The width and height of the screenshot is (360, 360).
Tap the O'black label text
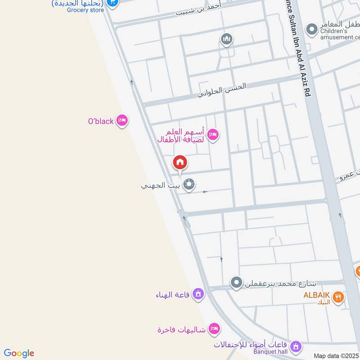[x=101, y=121]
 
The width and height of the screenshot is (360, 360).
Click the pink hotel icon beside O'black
[x=121, y=121]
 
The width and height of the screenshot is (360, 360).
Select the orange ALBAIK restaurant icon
[x=338, y=296]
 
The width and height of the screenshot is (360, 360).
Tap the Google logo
[x=19, y=353]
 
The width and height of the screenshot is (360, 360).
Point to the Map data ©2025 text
[x=336, y=355]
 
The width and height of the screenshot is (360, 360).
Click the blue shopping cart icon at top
[x=112, y=3]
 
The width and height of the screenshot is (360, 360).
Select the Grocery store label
[x=85, y=10]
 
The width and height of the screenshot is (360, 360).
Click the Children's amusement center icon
[x=311, y=30]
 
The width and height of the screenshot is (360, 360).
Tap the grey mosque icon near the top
[x=227, y=40]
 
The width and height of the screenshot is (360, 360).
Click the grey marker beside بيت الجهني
[x=189, y=184]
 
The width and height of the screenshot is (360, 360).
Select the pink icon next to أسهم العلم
[x=212, y=134]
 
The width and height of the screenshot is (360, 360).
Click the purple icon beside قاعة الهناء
[x=197, y=295]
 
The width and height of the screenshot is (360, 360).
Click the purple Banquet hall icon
[x=295, y=346]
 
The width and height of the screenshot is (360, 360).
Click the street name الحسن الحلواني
[x=222, y=90]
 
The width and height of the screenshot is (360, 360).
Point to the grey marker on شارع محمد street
[x=236, y=283]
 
